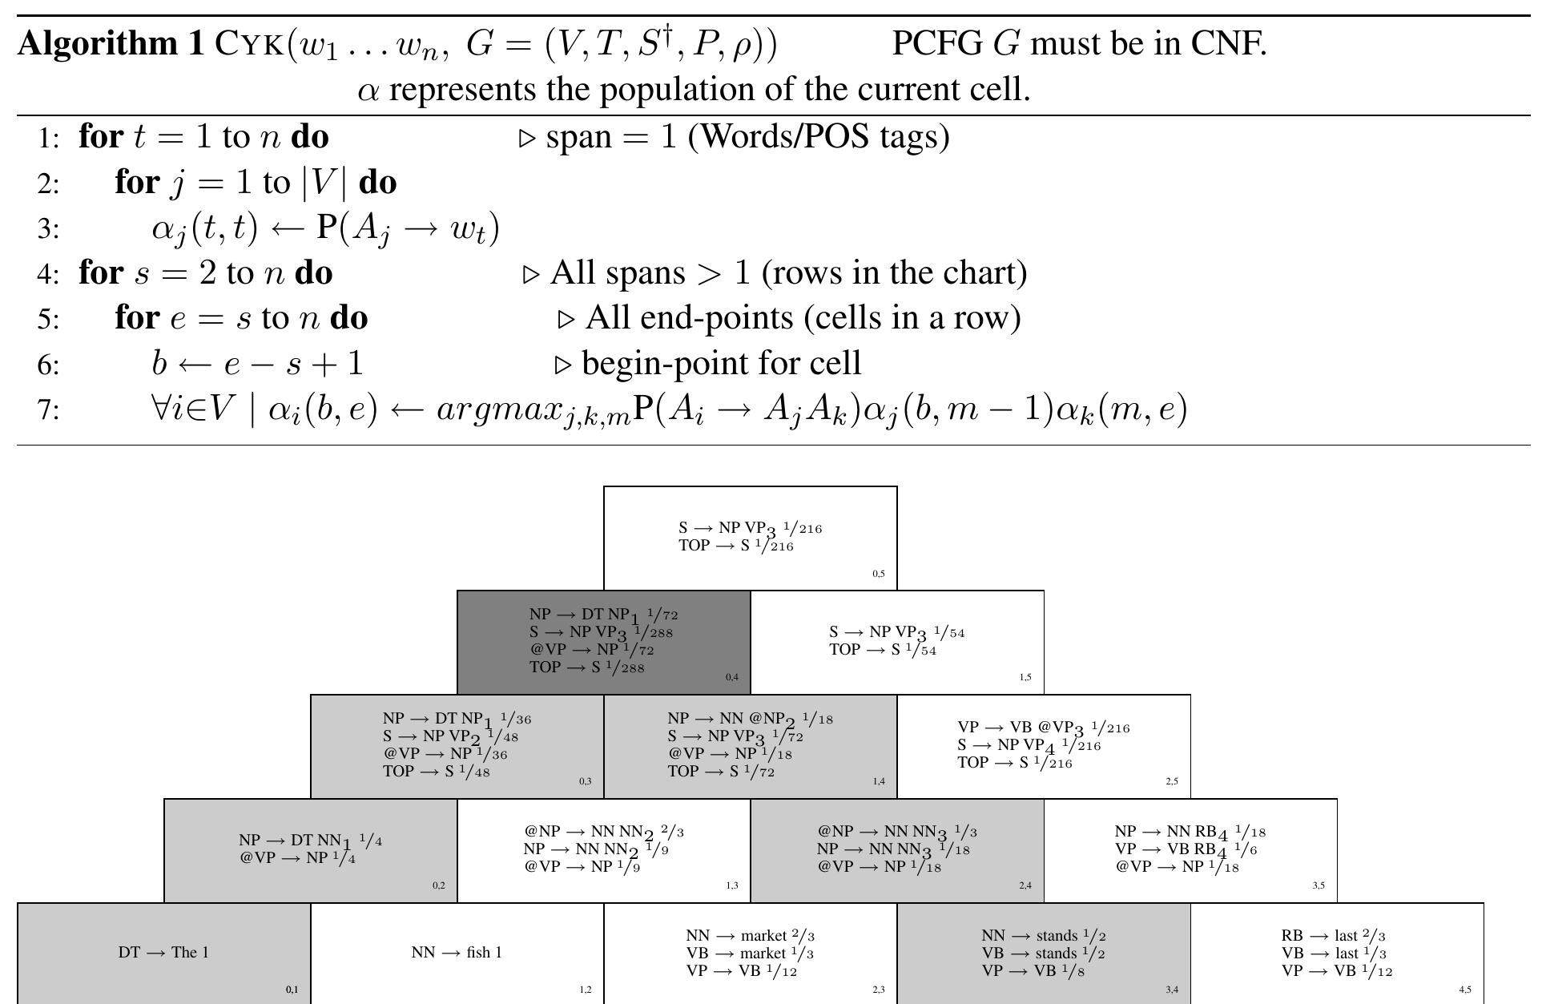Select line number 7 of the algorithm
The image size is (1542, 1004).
click(x=48, y=410)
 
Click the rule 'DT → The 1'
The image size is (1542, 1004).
click(x=163, y=953)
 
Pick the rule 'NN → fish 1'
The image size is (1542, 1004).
click(x=457, y=953)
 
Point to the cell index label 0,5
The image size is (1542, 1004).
click(x=879, y=574)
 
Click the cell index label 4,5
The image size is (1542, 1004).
click(x=1465, y=990)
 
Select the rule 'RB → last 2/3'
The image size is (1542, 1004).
click(x=1334, y=936)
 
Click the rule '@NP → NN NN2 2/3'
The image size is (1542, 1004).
click(x=604, y=832)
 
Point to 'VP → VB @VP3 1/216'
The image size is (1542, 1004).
click(x=1044, y=728)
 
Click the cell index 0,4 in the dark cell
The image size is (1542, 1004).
click(x=732, y=678)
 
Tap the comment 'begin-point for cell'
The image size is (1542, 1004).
click(x=722, y=364)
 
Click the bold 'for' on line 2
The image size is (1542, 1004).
click(x=137, y=183)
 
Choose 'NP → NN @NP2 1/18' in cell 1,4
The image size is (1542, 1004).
click(x=751, y=720)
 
